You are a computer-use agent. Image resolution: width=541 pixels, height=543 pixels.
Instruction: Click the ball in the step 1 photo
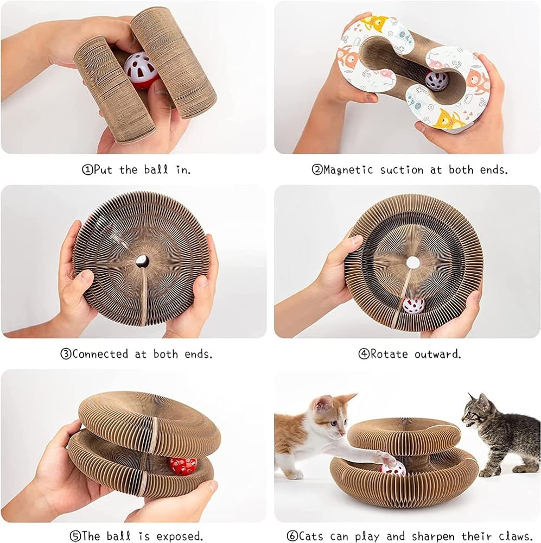click(x=141, y=71)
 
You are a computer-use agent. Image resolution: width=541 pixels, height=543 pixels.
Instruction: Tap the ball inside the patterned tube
click(x=434, y=82)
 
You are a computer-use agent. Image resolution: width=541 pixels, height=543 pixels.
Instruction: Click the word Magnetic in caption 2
click(x=348, y=170)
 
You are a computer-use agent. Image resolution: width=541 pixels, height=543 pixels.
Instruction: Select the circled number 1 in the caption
click(x=87, y=169)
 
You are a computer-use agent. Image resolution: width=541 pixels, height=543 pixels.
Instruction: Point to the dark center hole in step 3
click(x=142, y=261)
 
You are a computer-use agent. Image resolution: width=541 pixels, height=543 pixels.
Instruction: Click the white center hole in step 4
click(x=413, y=263)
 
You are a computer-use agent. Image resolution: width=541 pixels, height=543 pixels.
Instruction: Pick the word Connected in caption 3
click(x=100, y=354)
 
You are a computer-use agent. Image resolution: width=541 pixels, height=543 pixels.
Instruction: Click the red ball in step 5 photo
click(x=183, y=466)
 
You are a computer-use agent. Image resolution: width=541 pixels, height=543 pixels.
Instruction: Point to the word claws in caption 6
click(x=515, y=536)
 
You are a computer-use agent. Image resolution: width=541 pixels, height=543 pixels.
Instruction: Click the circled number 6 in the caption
click(x=292, y=536)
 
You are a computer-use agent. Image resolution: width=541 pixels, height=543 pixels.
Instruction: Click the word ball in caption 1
click(x=156, y=169)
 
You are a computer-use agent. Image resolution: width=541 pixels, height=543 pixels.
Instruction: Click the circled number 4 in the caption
click(x=364, y=354)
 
